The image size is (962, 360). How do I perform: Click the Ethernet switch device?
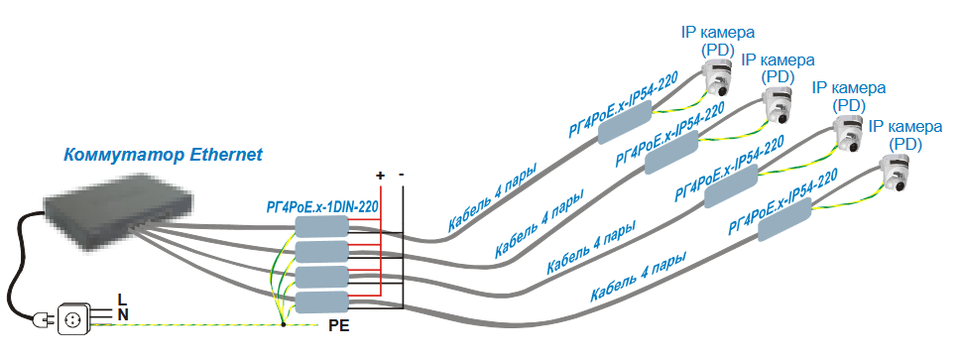[x=118, y=209]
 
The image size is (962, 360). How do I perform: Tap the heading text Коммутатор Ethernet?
[x=164, y=154]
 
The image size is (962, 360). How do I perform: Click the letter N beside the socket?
[x=123, y=315]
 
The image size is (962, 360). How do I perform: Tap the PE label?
[x=338, y=325]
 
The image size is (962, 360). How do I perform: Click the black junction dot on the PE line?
[x=283, y=324]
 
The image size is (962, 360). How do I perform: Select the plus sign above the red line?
[x=381, y=176]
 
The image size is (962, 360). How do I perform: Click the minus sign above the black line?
[x=402, y=175]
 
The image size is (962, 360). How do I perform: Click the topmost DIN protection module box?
[x=321, y=227]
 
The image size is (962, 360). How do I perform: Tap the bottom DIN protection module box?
[x=321, y=301]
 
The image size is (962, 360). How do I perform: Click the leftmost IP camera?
[x=718, y=76]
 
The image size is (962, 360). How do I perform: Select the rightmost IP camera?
[x=895, y=173]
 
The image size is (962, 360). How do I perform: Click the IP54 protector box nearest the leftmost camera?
[x=625, y=122]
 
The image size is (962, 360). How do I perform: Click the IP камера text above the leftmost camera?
[x=718, y=32]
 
